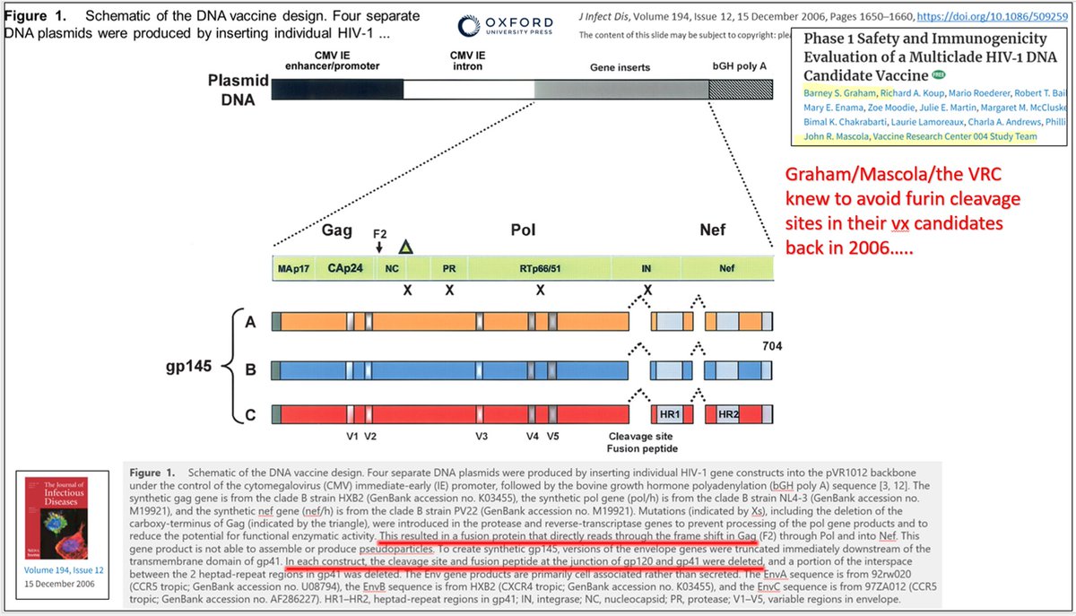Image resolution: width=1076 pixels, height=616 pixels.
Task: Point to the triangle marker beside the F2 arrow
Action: tap(406, 247)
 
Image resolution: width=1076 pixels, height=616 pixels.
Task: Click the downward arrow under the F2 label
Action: tap(379, 246)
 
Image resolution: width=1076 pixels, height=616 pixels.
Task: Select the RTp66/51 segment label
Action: tap(539, 268)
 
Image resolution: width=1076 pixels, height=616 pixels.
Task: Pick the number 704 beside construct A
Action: tap(773, 346)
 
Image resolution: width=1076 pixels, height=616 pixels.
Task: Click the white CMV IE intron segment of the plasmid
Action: tap(468, 90)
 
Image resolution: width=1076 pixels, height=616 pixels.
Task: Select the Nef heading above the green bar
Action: tap(713, 230)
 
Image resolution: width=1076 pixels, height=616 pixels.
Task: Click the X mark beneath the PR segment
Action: tap(450, 292)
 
